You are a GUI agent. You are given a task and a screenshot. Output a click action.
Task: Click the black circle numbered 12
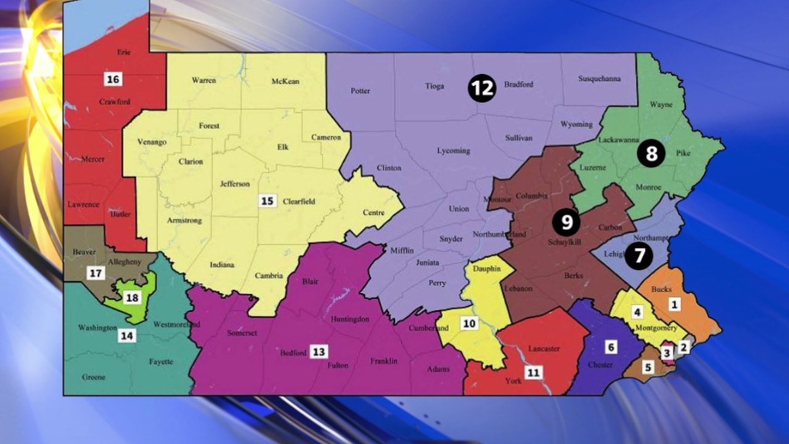click(482, 88)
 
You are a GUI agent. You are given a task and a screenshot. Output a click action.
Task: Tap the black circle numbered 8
click(651, 153)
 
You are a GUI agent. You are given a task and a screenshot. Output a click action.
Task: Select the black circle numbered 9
click(566, 222)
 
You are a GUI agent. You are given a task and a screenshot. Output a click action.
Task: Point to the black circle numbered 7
click(638, 257)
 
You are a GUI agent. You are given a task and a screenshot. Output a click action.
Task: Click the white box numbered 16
click(113, 79)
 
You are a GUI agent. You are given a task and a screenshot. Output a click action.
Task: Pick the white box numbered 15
click(267, 201)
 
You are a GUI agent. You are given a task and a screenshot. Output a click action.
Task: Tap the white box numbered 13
click(318, 351)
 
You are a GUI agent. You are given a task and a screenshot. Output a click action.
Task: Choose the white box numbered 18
click(132, 299)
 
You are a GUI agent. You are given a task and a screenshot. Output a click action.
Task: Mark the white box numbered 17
click(95, 274)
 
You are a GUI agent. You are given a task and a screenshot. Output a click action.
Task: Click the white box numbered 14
click(126, 336)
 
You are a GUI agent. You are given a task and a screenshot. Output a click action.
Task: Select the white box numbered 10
click(470, 323)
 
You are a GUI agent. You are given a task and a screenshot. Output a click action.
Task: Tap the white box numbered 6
click(610, 346)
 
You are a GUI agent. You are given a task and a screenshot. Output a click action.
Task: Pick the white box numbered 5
click(648, 367)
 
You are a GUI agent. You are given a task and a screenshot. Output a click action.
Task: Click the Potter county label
click(361, 91)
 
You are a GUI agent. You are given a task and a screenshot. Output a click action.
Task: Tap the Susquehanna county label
click(599, 78)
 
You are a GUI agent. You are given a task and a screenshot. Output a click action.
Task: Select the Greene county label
click(93, 378)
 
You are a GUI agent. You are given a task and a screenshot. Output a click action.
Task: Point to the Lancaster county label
click(543, 348)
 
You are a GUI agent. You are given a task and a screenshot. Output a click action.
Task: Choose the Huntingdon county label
click(350, 319)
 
